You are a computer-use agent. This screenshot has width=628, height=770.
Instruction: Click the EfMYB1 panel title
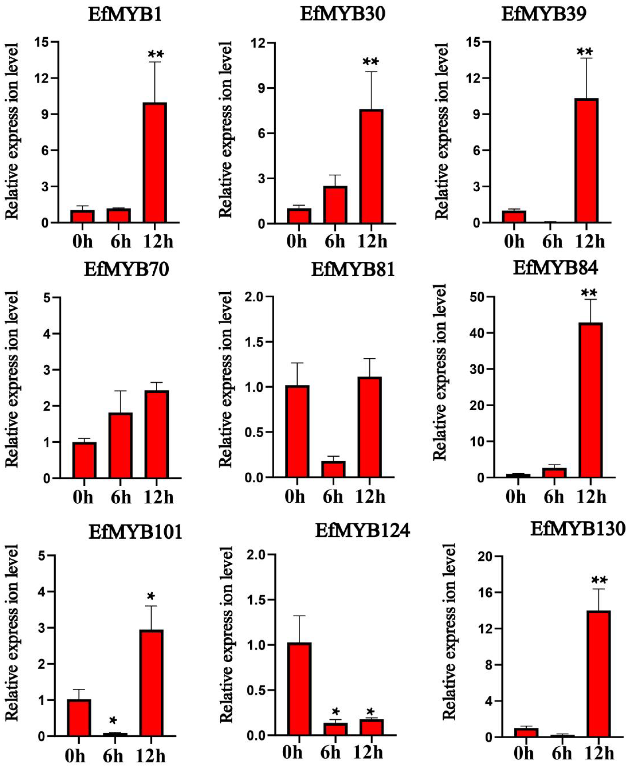click(125, 15)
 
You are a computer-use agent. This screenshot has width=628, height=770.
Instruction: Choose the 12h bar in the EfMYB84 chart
click(590, 400)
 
